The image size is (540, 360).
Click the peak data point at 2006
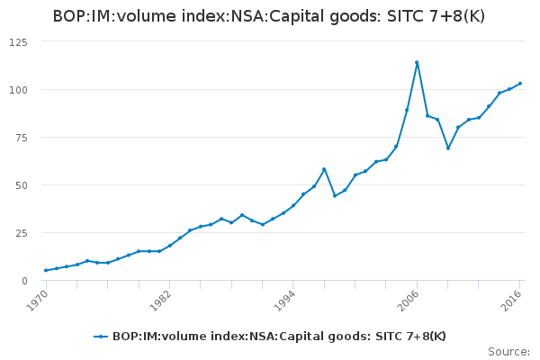pos(417,62)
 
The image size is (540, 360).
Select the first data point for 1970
pos(46,270)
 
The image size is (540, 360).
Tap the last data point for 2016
pos(520,84)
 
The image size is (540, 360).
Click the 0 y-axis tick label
pos(23,281)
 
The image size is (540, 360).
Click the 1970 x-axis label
pos(37,296)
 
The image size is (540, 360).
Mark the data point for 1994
pos(293,205)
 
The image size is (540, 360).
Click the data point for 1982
pos(169,246)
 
